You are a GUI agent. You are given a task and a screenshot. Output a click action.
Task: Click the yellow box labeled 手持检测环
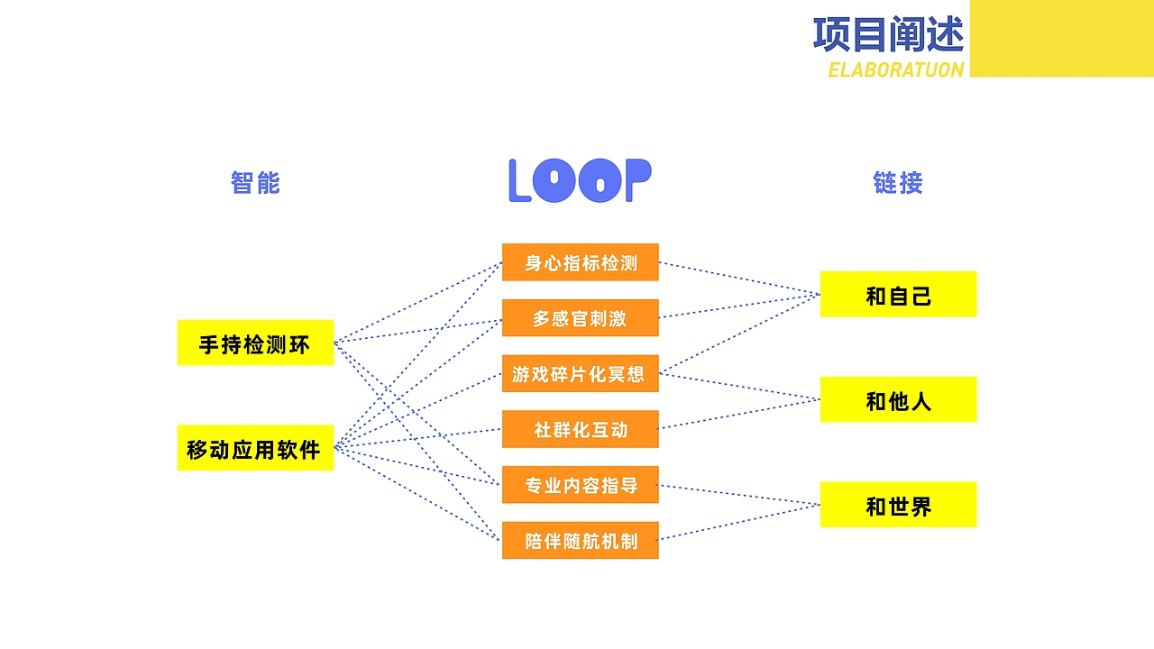[x=255, y=343]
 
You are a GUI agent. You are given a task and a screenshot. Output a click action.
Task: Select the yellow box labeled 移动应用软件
[x=255, y=448]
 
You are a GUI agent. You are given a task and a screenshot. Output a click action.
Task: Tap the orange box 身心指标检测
[x=580, y=262]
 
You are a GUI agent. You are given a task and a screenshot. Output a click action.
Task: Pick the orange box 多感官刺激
[x=580, y=318]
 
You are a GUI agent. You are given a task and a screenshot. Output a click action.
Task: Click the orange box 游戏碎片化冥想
[x=580, y=374]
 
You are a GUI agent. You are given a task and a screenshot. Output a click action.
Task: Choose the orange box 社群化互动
[x=580, y=429]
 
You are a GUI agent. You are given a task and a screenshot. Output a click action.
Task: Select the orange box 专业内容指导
[x=580, y=485]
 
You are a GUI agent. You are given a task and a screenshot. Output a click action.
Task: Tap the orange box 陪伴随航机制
[x=580, y=540]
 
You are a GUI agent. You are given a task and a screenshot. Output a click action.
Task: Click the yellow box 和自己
[x=898, y=295]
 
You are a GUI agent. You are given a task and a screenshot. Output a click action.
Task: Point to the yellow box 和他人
[x=898, y=399]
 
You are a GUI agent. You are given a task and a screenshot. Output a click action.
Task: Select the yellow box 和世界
[x=898, y=505]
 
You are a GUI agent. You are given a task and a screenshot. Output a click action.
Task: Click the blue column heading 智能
[x=255, y=183]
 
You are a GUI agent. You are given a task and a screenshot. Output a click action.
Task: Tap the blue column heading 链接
[x=898, y=183]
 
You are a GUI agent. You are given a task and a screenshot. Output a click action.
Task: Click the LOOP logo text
[x=580, y=181]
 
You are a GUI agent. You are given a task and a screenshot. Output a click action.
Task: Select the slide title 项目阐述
[x=888, y=34]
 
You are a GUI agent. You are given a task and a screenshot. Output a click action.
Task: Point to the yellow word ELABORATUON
[x=895, y=69]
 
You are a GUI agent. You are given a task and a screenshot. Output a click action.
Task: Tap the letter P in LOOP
[x=637, y=180]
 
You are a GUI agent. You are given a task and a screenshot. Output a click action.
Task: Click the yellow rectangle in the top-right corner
[x=1061, y=38]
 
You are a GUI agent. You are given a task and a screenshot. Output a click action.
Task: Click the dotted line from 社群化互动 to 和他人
[x=739, y=414]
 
